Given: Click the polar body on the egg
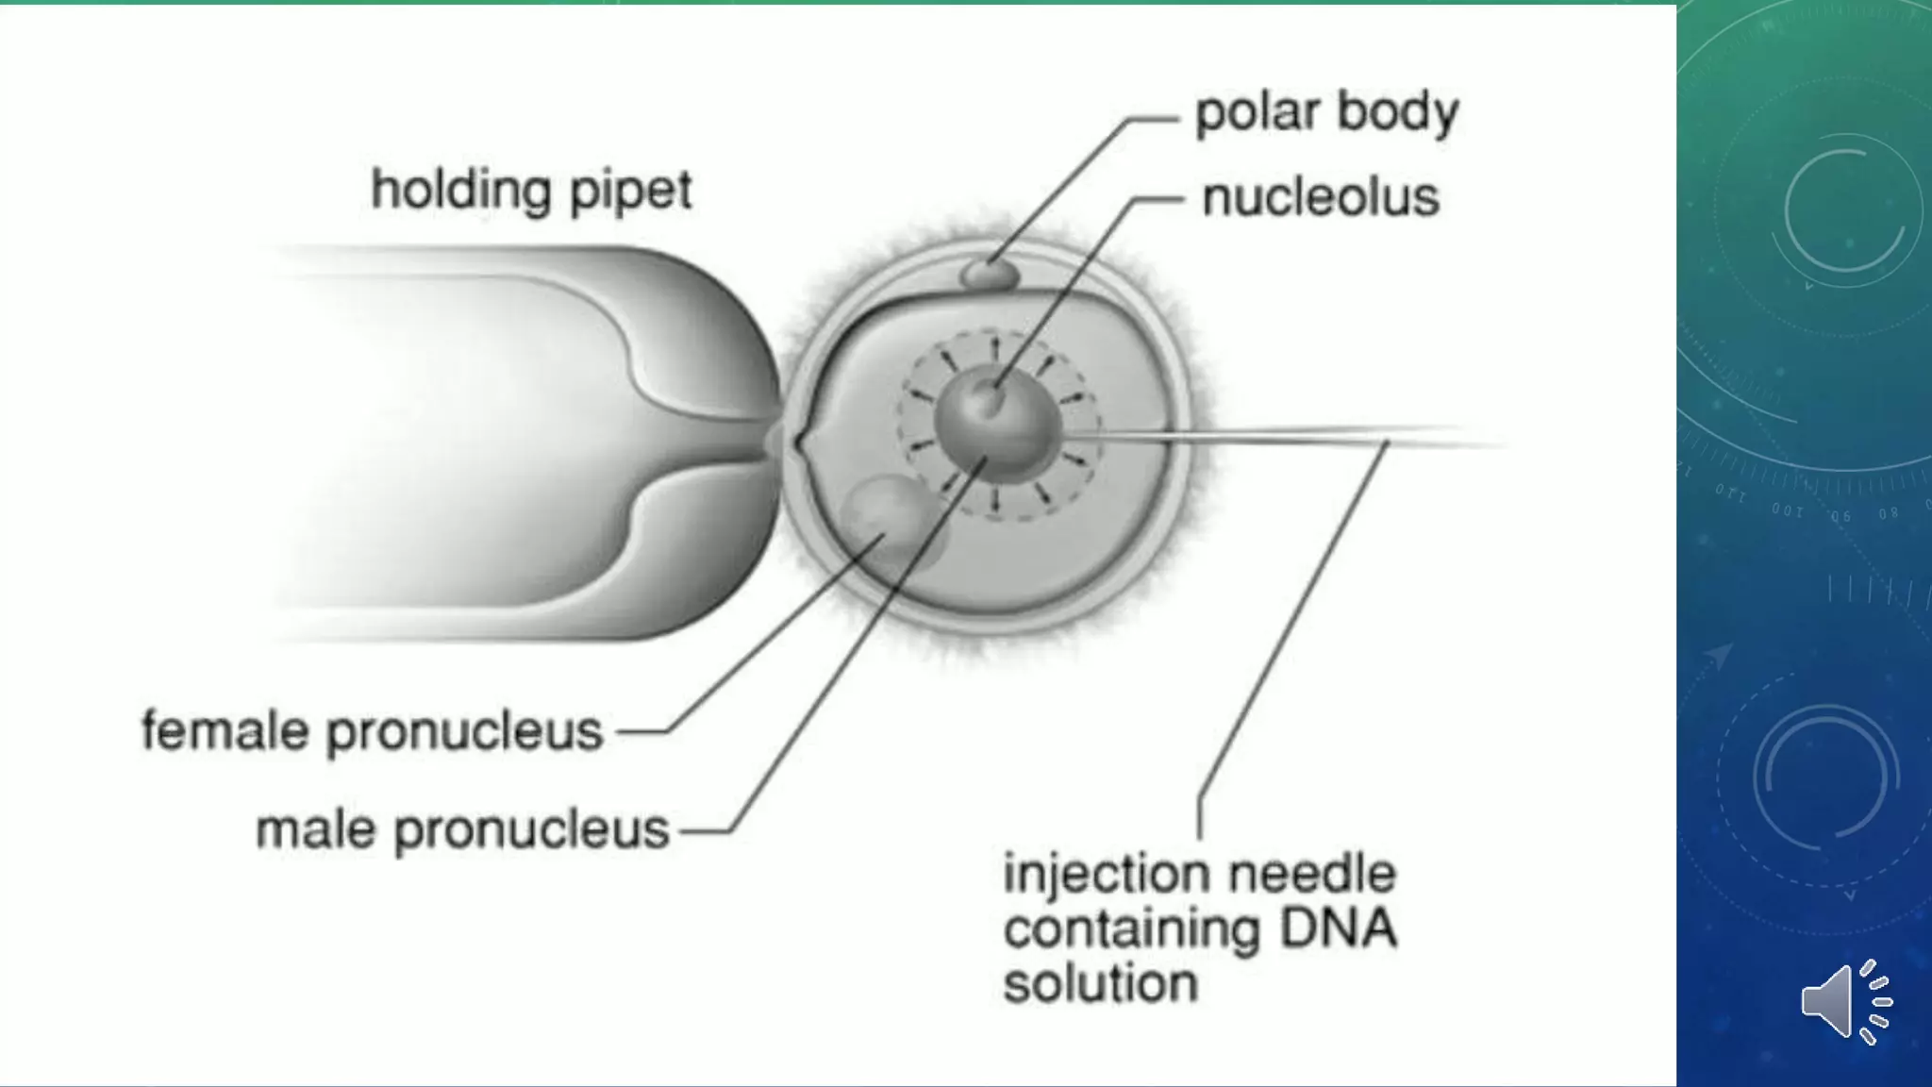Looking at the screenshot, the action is coord(990,275).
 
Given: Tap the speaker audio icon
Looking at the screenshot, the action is coord(1846,1002).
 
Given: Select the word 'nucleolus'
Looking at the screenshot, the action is coord(1321,197).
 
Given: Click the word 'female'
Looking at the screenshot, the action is coord(225,730).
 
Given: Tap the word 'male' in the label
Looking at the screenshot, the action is coord(316,829).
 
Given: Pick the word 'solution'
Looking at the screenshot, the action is coord(1100,983).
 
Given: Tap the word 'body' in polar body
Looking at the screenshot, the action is coord(1398,113).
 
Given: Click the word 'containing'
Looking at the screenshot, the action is coord(1132,930).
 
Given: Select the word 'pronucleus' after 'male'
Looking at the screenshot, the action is coord(531,831).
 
